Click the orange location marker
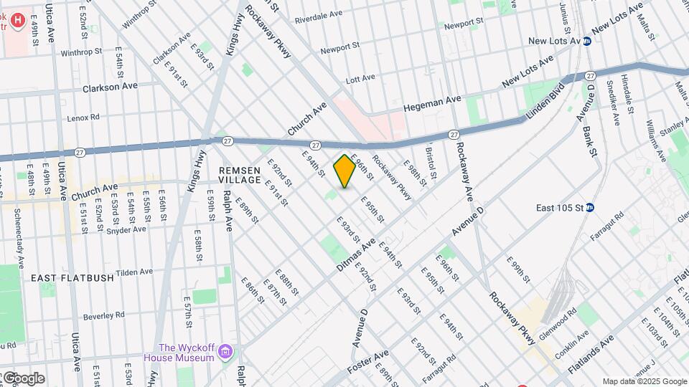(344, 171)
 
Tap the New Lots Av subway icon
(586, 42)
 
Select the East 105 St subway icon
(590, 208)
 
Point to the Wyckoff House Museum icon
(227, 352)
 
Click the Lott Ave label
(360, 79)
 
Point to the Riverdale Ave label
(319, 15)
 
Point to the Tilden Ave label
(135, 272)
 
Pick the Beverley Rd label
(104, 315)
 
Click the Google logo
(23, 378)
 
